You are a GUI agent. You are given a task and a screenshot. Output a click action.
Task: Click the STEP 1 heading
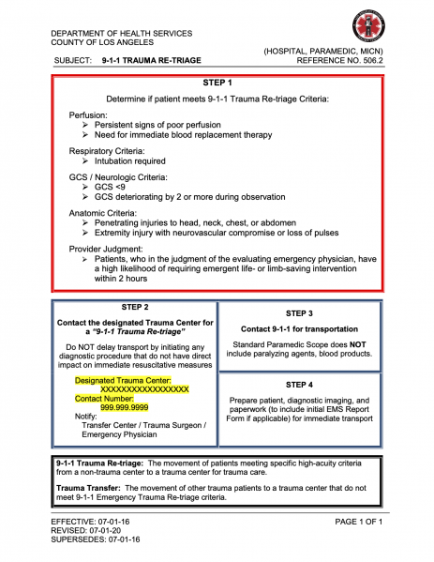point(217,83)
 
